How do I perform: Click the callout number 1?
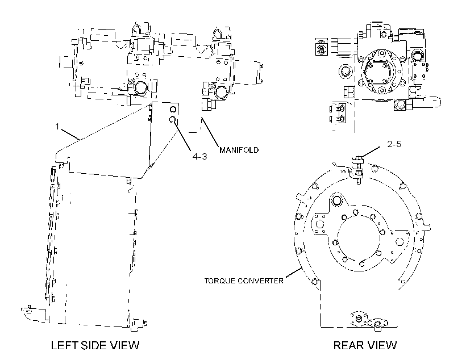click(57, 127)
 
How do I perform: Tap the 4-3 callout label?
click(199, 156)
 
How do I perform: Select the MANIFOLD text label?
click(239, 150)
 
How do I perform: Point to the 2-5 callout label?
click(394, 144)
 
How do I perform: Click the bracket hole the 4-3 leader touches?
click(172, 119)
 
